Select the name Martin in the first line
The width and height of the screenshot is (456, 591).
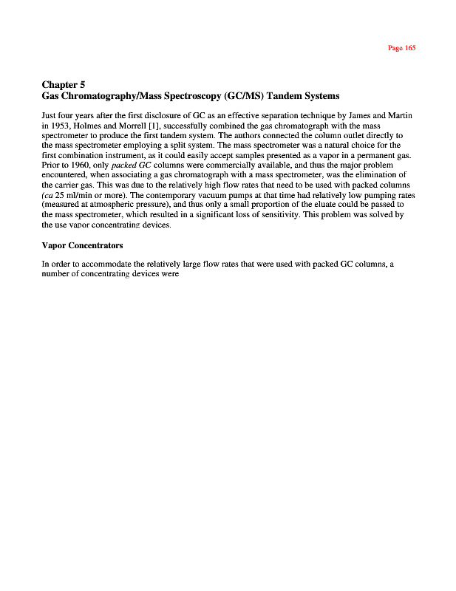pos(397,117)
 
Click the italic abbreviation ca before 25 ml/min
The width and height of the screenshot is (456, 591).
pos(48,194)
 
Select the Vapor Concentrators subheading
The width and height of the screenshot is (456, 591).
pos(82,244)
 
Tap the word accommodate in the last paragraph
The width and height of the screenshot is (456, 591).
pos(112,263)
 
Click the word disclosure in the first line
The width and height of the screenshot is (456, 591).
pos(150,117)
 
